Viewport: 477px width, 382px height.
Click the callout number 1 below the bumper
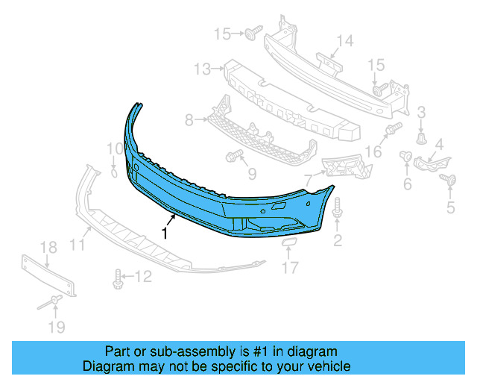tap(164, 233)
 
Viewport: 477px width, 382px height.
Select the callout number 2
tap(338, 239)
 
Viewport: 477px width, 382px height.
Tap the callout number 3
tap(421, 113)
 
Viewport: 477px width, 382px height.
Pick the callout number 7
tap(307, 179)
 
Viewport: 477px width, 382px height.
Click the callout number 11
tap(77, 243)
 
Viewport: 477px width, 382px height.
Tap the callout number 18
tap(48, 248)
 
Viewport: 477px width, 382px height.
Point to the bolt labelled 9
tap(232, 157)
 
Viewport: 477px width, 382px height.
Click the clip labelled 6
tap(407, 156)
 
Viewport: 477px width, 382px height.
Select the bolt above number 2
tap(337, 210)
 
